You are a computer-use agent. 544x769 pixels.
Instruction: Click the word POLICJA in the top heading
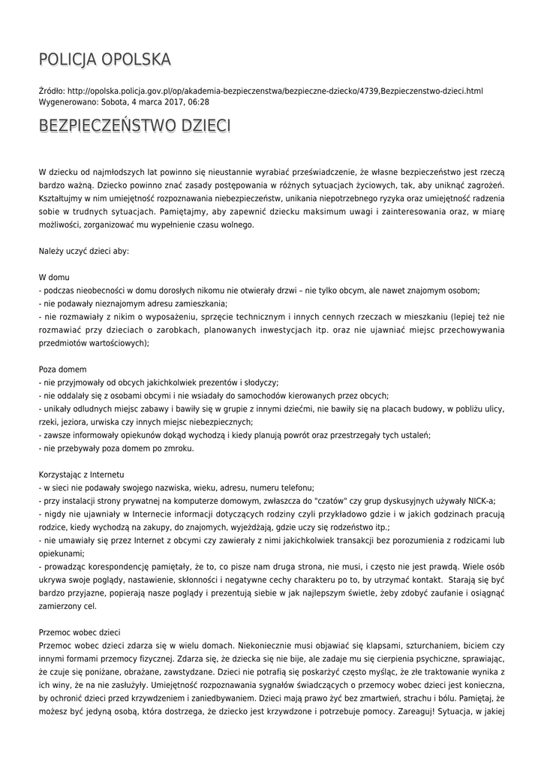68,59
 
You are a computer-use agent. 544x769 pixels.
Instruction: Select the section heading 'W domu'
53,277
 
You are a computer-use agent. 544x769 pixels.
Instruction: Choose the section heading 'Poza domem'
62,369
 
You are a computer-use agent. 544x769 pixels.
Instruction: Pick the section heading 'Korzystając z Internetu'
81,475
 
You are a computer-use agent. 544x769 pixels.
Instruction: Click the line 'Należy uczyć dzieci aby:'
83,251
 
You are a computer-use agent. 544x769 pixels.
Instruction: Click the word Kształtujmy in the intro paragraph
61,198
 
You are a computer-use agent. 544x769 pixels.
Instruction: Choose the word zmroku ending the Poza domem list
179,448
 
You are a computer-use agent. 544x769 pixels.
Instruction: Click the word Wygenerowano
62,101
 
